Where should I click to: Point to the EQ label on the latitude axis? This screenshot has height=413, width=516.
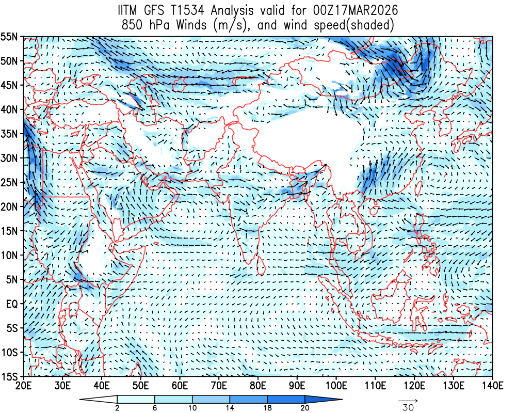pos(12,304)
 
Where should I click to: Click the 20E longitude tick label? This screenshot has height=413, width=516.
pos(23,386)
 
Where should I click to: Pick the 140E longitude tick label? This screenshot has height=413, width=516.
pos(492,386)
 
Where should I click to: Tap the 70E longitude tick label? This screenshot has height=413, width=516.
pos(219,386)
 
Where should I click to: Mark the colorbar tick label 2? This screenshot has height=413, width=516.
pos(118,408)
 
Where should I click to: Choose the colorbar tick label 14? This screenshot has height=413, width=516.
pos(230,408)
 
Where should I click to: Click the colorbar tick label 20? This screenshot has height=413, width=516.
pos(304,408)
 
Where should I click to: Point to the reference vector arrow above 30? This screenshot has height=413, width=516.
pos(408,400)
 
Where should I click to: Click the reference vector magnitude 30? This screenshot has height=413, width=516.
pos(408,408)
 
